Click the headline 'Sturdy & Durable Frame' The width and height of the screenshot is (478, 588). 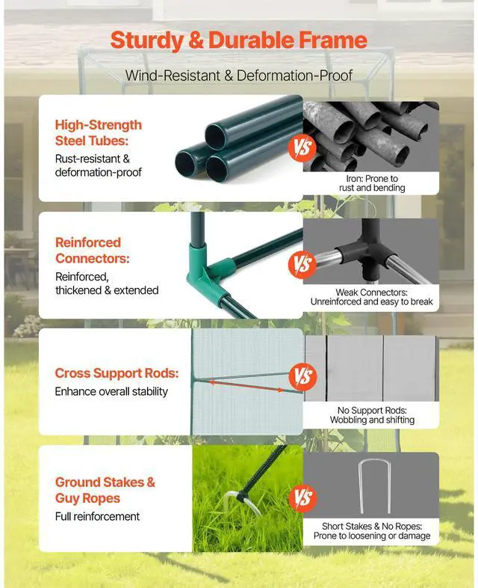coord(238,40)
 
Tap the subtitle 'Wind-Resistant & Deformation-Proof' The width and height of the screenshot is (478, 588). coord(238,75)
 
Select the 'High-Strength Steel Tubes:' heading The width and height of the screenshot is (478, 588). coord(98,132)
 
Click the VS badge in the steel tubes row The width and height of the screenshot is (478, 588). coord(302,148)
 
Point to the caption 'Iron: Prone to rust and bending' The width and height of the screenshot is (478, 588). coord(371,183)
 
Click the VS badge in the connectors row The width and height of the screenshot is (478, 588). coord(302,264)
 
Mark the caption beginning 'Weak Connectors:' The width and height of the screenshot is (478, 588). coord(371,297)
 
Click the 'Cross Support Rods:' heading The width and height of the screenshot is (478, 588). coord(117,373)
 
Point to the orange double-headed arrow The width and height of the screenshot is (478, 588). coord(246,386)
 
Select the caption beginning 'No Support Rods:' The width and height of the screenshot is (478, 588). coord(371,415)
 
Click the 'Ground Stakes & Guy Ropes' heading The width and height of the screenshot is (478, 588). coord(105,490)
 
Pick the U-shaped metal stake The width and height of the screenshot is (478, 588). coord(370,487)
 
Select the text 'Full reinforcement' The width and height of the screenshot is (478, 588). coord(97,516)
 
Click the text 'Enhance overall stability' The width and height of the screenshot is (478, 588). coord(111,391)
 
